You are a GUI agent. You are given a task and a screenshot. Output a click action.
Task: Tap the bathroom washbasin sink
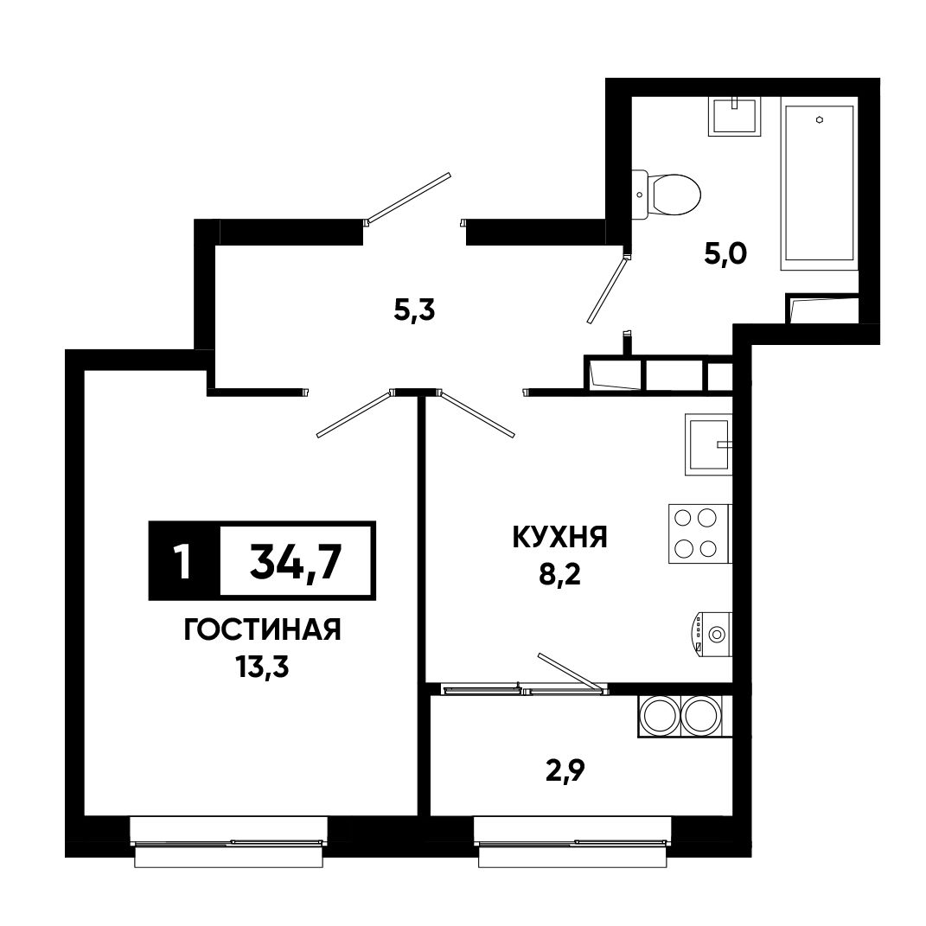coord(734,117)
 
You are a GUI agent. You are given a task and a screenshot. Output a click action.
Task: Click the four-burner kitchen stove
coord(699,533)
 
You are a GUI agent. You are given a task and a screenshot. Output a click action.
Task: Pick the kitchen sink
coord(708,444)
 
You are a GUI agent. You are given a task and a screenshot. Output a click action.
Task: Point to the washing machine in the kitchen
coord(712,635)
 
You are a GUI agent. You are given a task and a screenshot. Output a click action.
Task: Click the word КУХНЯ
coord(559,538)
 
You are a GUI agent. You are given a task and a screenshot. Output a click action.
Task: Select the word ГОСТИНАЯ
coord(262,630)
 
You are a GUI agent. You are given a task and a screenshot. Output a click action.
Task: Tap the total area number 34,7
coord(296,562)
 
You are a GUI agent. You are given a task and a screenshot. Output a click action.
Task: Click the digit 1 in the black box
coord(183,561)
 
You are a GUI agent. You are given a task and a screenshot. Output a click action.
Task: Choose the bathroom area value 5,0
coord(725,253)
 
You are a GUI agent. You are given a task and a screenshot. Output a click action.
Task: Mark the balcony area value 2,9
coord(565,770)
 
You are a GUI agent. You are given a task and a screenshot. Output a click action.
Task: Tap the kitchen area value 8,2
coord(559,573)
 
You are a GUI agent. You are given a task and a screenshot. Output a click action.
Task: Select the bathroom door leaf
coord(606,289)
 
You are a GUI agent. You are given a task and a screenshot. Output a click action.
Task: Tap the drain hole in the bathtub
coord(820,119)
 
